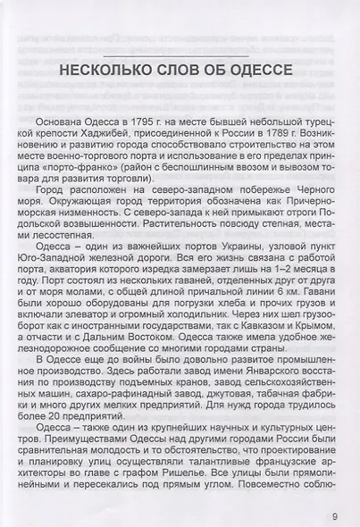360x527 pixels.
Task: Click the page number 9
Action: [334, 514]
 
